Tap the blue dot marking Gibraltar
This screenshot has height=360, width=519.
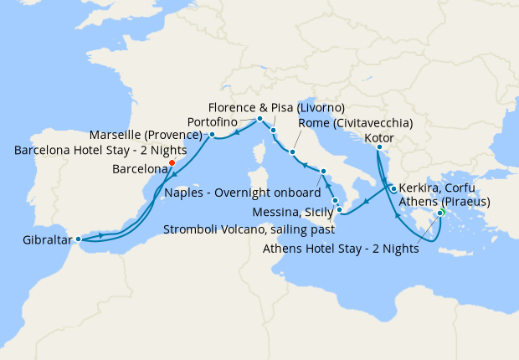[79, 239]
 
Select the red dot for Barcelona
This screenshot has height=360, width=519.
[172, 163]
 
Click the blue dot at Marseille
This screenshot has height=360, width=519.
[213, 134]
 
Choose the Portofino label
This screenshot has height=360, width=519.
[229, 121]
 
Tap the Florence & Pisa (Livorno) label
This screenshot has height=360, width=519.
[276, 108]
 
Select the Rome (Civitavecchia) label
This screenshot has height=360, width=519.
[355, 123]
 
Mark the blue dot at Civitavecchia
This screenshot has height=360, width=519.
[292, 152]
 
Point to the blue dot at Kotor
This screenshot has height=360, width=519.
[378, 148]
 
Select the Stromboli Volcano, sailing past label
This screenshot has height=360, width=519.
[249, 228]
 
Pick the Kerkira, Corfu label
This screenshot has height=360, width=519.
[439, 188]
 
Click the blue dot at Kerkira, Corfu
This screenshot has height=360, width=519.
[393, 189]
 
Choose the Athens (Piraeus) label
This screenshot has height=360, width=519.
[444, 201]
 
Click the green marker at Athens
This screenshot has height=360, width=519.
[440, 213]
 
